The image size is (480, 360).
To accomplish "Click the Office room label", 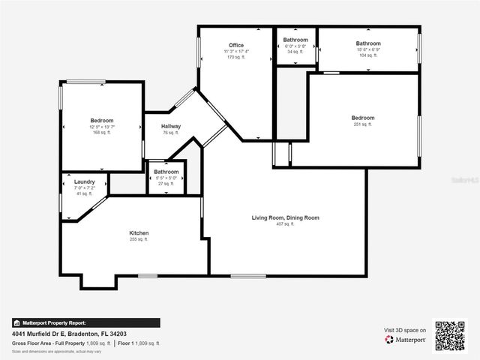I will [236, 46].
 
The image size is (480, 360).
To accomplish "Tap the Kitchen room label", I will [139, 233].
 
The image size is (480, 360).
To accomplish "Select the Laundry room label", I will [84, 181].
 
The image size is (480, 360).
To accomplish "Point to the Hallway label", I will [171, 126].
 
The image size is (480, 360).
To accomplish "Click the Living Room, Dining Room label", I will [285, 217].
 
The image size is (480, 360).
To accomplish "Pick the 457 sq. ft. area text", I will [285, 223].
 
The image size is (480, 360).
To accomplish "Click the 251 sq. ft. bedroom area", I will [363, 124].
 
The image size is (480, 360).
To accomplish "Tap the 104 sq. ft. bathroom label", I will [368, 55].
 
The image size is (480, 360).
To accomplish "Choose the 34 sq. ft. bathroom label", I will [295, 52].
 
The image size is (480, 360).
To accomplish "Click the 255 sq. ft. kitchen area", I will [139, 239].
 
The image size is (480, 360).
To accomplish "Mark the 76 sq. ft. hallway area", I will [171, 133].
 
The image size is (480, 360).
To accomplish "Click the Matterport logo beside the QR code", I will [406, 340].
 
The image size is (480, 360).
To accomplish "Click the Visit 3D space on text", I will [405, 330].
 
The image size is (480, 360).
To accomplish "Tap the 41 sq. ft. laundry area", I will [84, 193].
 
